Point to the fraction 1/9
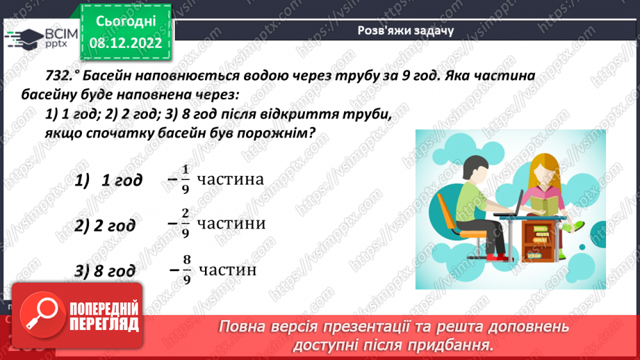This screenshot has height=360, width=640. point(184,180)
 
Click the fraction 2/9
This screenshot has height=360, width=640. point(184,224)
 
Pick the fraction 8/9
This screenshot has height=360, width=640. point(185,269)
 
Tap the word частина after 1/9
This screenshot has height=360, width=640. point(230,180)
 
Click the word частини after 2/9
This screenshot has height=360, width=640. point(231,224)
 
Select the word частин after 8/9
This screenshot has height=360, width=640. point(227,269)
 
